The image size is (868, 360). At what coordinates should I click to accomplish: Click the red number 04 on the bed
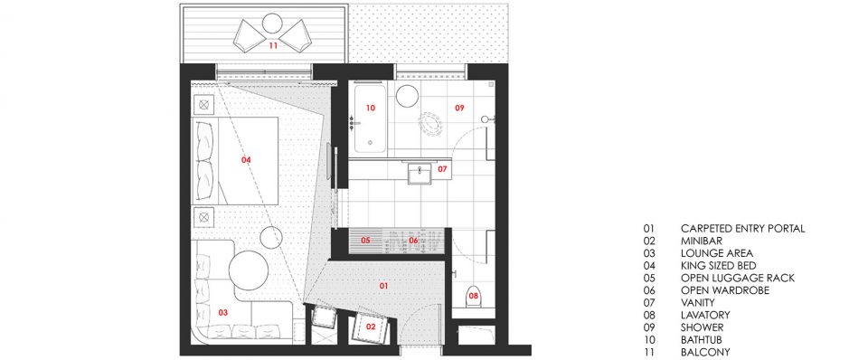(246, 160)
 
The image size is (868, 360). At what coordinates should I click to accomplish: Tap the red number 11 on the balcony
(273, 45)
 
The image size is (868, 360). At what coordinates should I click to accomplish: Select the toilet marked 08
(473, 297)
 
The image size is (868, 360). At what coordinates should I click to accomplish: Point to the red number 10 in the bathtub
(371, 108)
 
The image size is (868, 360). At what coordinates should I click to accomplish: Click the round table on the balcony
(272, 24)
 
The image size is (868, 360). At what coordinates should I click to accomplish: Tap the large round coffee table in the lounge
(249, 270)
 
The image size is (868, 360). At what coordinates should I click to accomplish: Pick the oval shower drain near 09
(430, 125)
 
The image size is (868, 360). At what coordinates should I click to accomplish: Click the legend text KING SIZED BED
(718, 266)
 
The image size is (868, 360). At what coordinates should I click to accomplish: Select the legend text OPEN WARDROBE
(724, 290)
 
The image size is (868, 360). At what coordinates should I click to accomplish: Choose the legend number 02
(649, 241)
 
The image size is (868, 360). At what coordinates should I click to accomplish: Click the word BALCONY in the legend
(705, 352)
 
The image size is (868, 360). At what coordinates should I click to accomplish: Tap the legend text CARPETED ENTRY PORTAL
(743, 228)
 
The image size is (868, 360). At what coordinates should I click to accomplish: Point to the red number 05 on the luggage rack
(365, 241)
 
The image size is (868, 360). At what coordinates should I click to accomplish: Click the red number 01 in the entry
(383, 286)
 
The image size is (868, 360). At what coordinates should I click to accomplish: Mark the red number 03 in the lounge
(223, 313)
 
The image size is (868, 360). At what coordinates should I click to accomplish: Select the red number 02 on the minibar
(371, 327)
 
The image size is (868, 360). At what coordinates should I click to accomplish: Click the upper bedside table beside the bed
(203, 104)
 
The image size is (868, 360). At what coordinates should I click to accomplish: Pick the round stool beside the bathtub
(408, 95)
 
